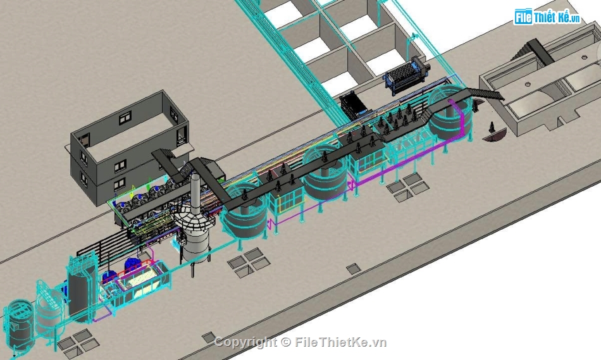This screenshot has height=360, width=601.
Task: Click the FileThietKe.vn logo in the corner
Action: click(x=547, y=17)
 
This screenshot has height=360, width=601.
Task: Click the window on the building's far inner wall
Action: click(x=125, y=118)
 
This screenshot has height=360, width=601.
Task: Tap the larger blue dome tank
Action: click(x=132, y=264)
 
